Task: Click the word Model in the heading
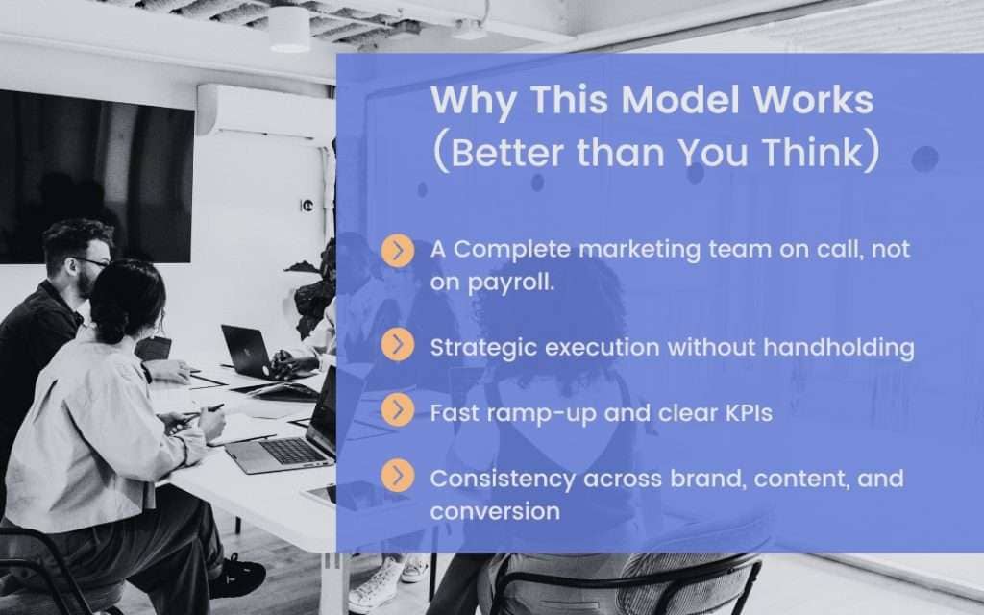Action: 680,100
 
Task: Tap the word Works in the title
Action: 813,100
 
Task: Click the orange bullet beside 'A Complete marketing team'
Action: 397,251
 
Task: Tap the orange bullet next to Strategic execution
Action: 397,345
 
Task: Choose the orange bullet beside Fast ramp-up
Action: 397,409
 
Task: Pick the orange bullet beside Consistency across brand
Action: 397,475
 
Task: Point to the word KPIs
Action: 749,413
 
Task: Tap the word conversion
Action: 495,511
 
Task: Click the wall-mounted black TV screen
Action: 97,177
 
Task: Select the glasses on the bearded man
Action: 92,261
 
